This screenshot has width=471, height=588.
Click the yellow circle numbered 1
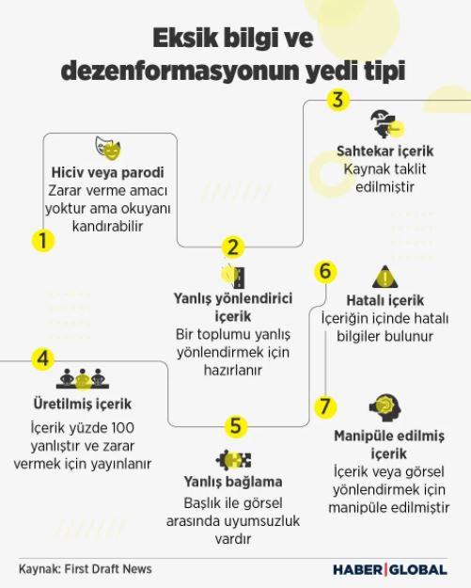(x=43, y=240)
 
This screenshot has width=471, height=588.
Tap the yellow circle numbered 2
(x=233, y=247)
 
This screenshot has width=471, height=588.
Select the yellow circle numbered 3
(x=338, y=100)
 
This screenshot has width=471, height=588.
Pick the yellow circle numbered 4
(x=43, y=358)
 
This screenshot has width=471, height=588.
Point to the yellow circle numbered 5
(x=236, y=426)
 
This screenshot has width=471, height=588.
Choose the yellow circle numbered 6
(x=325, y=271)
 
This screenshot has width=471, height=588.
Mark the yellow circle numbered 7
(x=325, y=406)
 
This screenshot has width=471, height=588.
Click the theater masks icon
(x=108, y=148)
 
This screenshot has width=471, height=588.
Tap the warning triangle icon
(x=385, y=277)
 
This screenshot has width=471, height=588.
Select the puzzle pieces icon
(x=233, y=460)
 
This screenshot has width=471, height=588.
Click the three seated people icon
(x=83, y=379)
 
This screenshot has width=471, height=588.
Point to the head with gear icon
(x=385, y=408)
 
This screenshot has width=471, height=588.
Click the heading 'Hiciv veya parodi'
(x=108, y=172)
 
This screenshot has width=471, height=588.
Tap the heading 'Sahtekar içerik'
(x=385, y=151)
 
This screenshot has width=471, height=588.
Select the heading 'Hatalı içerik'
(x=385, y=300)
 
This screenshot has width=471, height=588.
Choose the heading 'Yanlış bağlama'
(x=233, y=482)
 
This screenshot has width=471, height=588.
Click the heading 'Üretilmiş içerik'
(x=83, y=405)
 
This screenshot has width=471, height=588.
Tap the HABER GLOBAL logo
(x=390, y=570)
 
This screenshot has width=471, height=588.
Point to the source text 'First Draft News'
(x=108, y=569)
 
